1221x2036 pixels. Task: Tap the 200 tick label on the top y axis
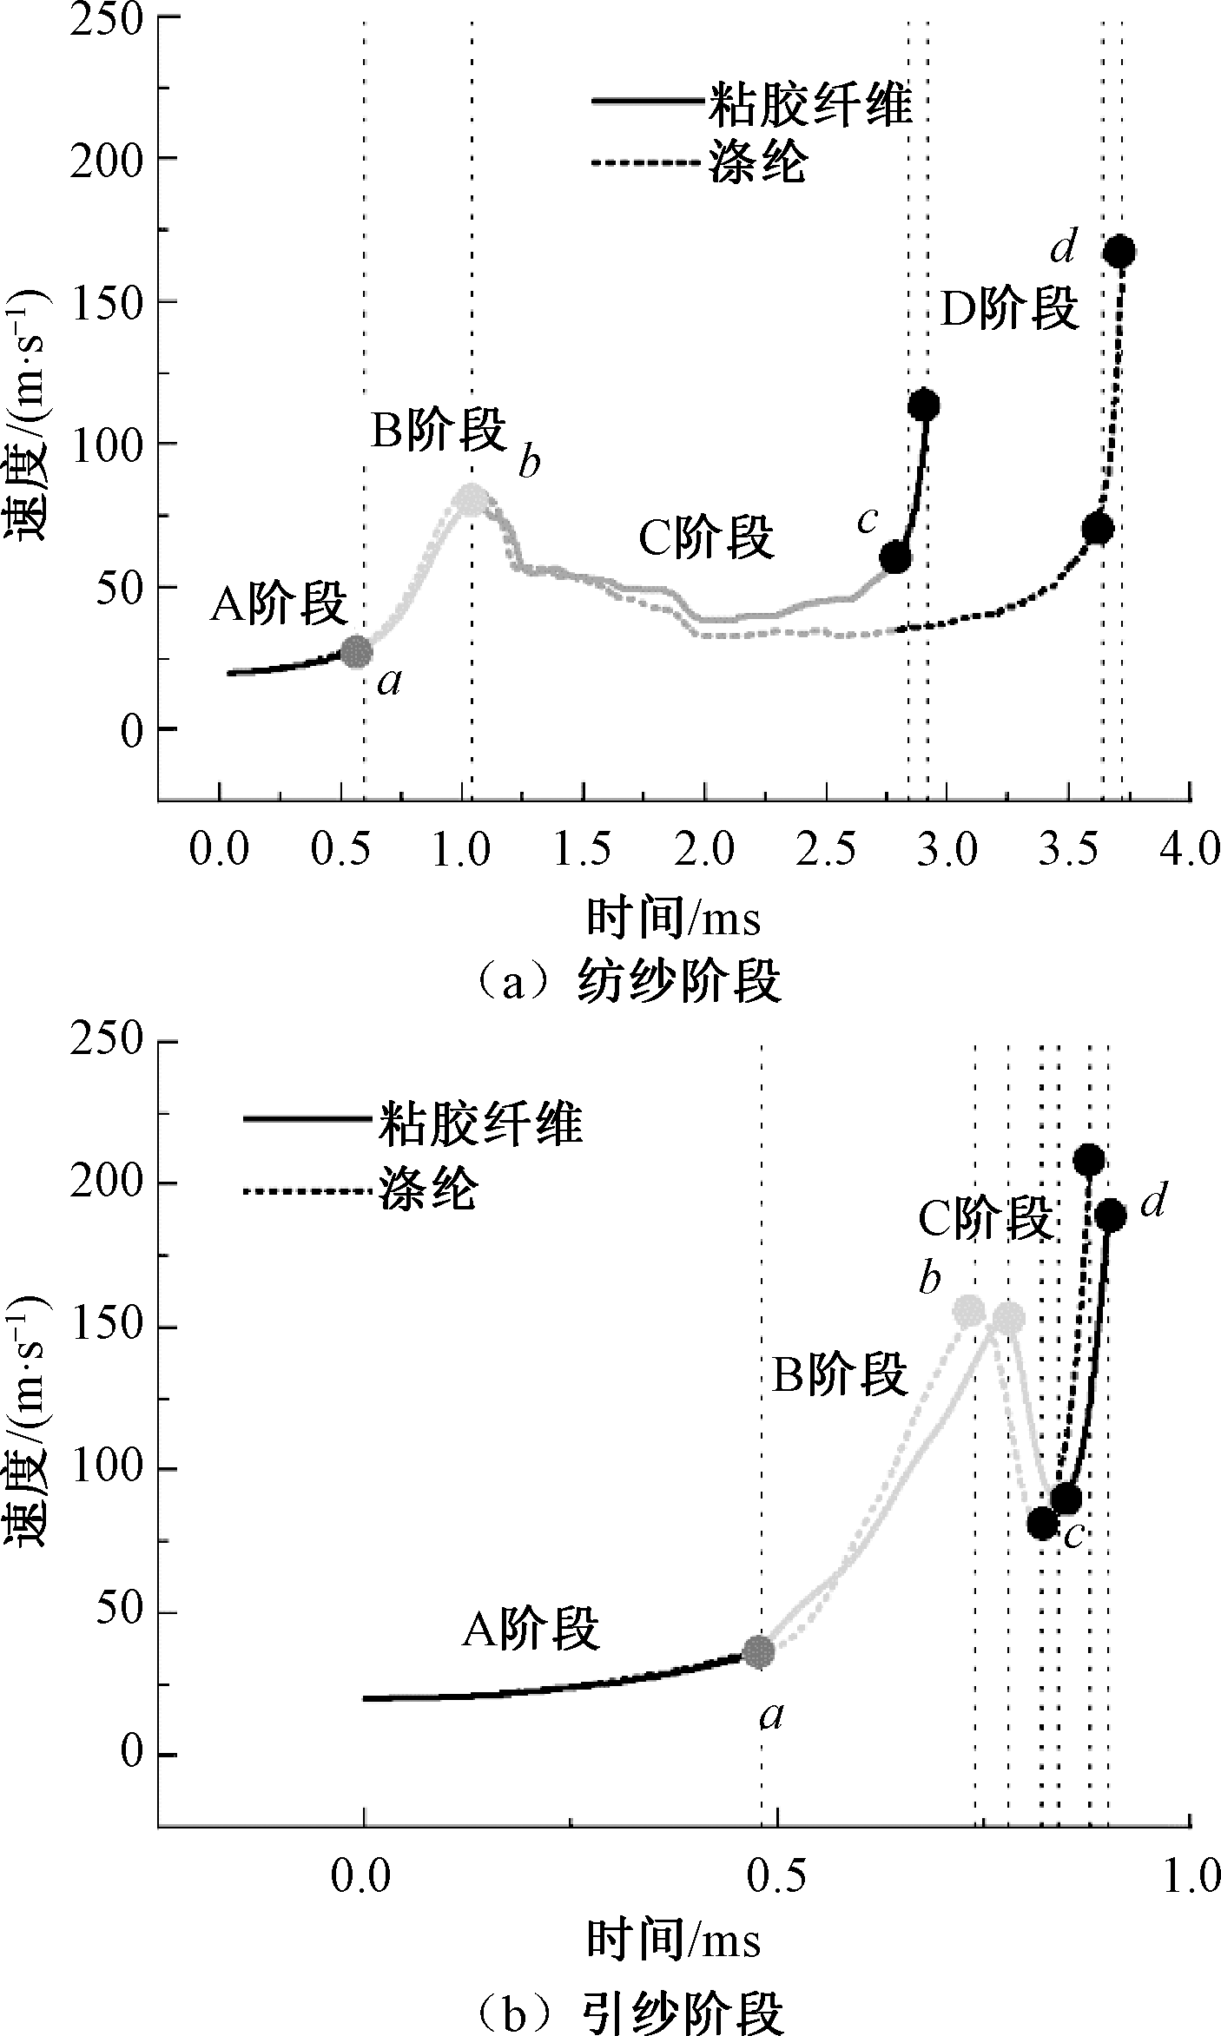(103, 159)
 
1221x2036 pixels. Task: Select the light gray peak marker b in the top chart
(472, 499)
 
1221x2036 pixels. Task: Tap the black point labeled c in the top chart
(895, 558)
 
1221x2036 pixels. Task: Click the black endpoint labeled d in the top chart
(1119, 252)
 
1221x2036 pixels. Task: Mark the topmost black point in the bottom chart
(1089, 1159)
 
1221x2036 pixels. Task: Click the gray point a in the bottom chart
(759, 1651)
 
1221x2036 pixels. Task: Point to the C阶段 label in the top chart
(706, 538)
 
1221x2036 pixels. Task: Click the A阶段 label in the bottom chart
(531, 1629)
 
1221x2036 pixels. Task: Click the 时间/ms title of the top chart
(673, 918)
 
